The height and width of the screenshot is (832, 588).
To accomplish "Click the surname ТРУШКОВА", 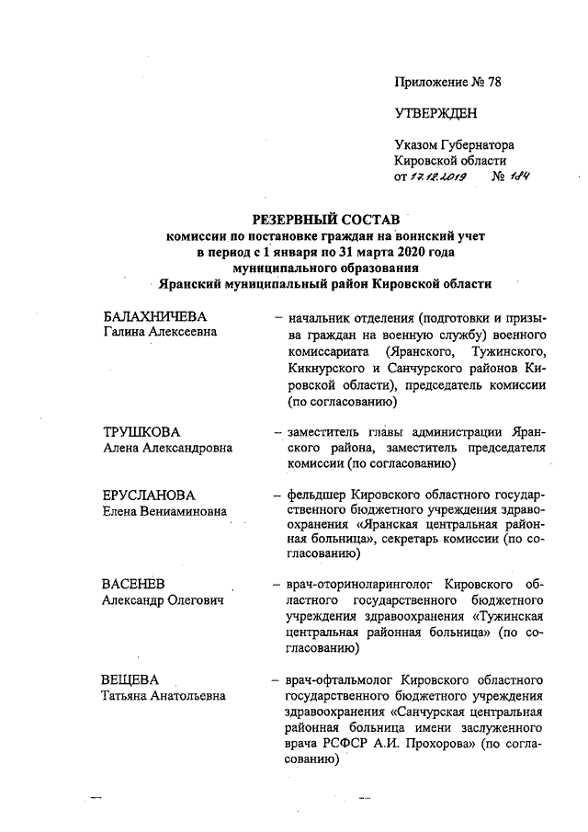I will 141,432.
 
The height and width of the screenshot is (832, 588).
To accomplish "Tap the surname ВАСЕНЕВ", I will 134,583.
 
